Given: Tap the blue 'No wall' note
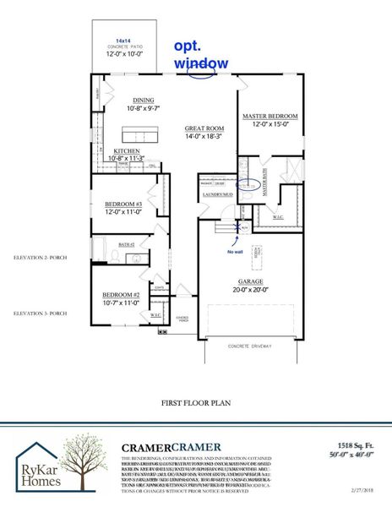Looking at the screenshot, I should pyautogui.click(x=236, y=252).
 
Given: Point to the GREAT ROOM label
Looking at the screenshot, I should pyautogui.click(x=204, y=129).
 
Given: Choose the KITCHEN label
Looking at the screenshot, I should pyautogui.click(x=127, y=151).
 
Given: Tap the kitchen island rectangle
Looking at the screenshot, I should pyautogui.click(x=140, y=134).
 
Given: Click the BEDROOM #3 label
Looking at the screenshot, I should pyautogui.click(x=123, y=204).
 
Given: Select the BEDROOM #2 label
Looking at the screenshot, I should pyautogui.click(x=120, y=293).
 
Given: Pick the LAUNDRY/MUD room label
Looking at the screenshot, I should pyautogui.click(x=216, y=194).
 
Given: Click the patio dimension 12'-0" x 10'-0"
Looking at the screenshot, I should pyautogui.click(x=122, y=53).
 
